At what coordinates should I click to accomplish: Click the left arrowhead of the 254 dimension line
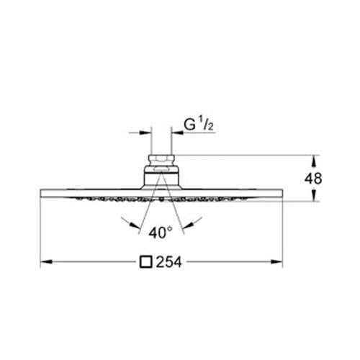click(43, 264)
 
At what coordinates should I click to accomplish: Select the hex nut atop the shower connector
click(161, 160)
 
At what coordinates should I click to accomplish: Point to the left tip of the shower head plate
click(40, 192)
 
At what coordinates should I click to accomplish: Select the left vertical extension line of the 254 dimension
click(39, 230)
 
